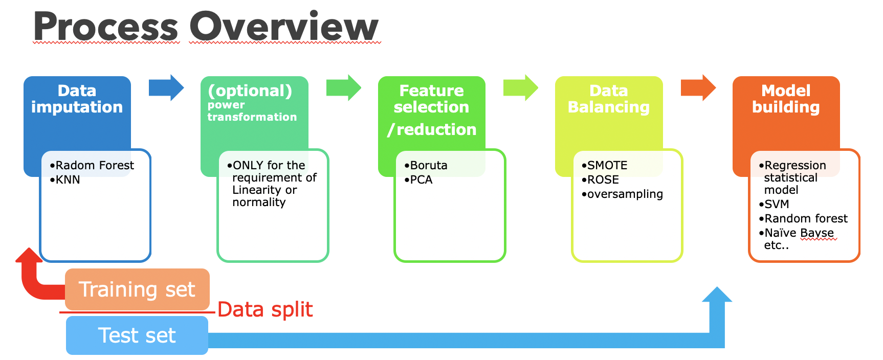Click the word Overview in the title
pos(284,27)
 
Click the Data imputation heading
pos(77,99)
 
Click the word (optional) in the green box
pos(250,91)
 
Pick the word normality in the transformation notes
pos(259,202)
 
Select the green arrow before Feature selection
pos(343,88)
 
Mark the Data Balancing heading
pos(608,99)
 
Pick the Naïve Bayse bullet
pos(799,233)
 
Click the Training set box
pos(137,289)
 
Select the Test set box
pos(137,335)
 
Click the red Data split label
pos(265,310)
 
